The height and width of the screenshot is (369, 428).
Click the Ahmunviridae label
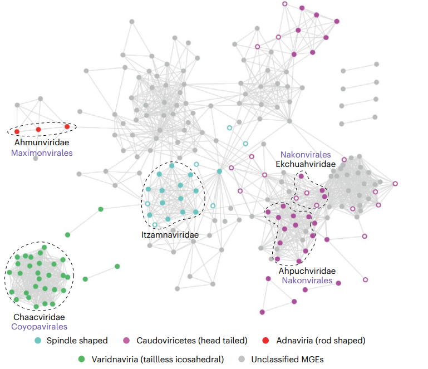pyautogui.click(x=42, y=142)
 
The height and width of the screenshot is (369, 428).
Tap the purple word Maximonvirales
pyautogui.click(x=42, y=153)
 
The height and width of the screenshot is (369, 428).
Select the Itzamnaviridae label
pyautogui.click(x=170, y=235)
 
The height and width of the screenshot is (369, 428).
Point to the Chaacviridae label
pyautogui.click(x=39, y=317)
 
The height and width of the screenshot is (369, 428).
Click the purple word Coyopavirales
pyautogui.click(x=39, y=327)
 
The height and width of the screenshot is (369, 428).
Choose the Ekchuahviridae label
pyautogui.click(x=306, y=164)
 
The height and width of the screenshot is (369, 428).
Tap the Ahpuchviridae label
pyautogui.click(x=307, y=270)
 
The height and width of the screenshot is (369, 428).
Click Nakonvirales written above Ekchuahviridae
pyautogui.click(x=306, y=155)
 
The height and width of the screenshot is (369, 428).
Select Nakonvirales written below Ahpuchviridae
pyautogui.click(x=307, y=281)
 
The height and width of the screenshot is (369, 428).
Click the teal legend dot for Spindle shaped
pyautogui.click(x=38, y=341)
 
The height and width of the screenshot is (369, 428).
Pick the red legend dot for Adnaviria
pyautogui.click(x=265, y=341)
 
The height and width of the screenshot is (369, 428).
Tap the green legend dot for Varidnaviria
pyautogui.click(x=81, y=359)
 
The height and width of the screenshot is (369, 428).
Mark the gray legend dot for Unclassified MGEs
pyautogui.click(x=242, y=359)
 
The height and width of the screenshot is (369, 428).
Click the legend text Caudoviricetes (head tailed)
pyautogui.click(x=192, y=341)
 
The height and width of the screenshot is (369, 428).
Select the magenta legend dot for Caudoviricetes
pyautogui.click(x=126, y=341)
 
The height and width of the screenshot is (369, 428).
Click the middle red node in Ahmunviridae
pyautogui.click(x=38, y=129)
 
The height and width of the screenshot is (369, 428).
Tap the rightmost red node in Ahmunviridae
pyautogui.click(x=67, y=127)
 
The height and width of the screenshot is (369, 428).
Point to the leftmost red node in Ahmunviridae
pyautogui.click(x=17, y=132)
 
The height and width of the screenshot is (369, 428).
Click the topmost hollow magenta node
pyautogui.click(x=285, y=4)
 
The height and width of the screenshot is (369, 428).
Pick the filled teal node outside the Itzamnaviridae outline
pyautogui.click(x=219, y=171)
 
